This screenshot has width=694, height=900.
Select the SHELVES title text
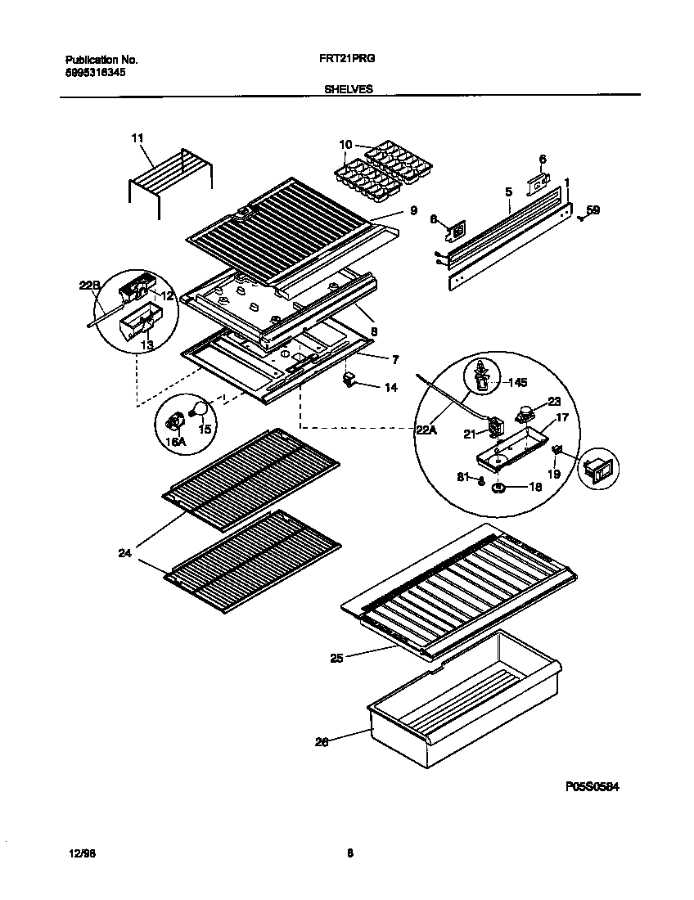pos(349,90)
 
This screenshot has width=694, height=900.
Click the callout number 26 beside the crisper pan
pos(322,743)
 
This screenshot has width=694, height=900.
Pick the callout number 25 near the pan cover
pos(336,656)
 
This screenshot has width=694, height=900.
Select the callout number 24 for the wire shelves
pos(124,553)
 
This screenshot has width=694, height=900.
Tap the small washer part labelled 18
pos(498,488)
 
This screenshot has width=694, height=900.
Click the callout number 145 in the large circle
pos(519,382)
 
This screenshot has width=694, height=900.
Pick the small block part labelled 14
pos(351,380)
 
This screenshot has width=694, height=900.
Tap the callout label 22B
pos(89,286)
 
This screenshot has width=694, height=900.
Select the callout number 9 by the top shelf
pos(413,211)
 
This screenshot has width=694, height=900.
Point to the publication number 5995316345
pos(95,72)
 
